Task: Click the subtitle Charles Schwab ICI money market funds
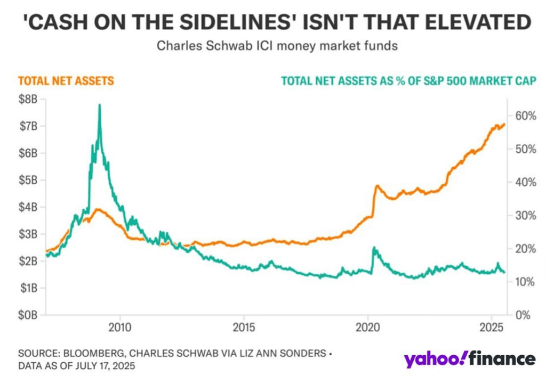tap(277, 46)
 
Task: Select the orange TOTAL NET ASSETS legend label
tap(66, 81)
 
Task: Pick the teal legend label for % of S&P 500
tap(408, 81)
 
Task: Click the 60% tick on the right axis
tap(525, 116)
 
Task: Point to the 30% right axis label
tap(525, 215)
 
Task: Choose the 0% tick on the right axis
tap(527, 315)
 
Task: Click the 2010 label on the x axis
tap(119, 325)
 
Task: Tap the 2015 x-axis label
tap(243, 325)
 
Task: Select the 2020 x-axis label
tap(368, 325)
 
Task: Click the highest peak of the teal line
tap(100, 105)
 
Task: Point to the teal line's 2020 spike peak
tap(374, 248)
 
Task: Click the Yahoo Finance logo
tap(469, 359)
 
